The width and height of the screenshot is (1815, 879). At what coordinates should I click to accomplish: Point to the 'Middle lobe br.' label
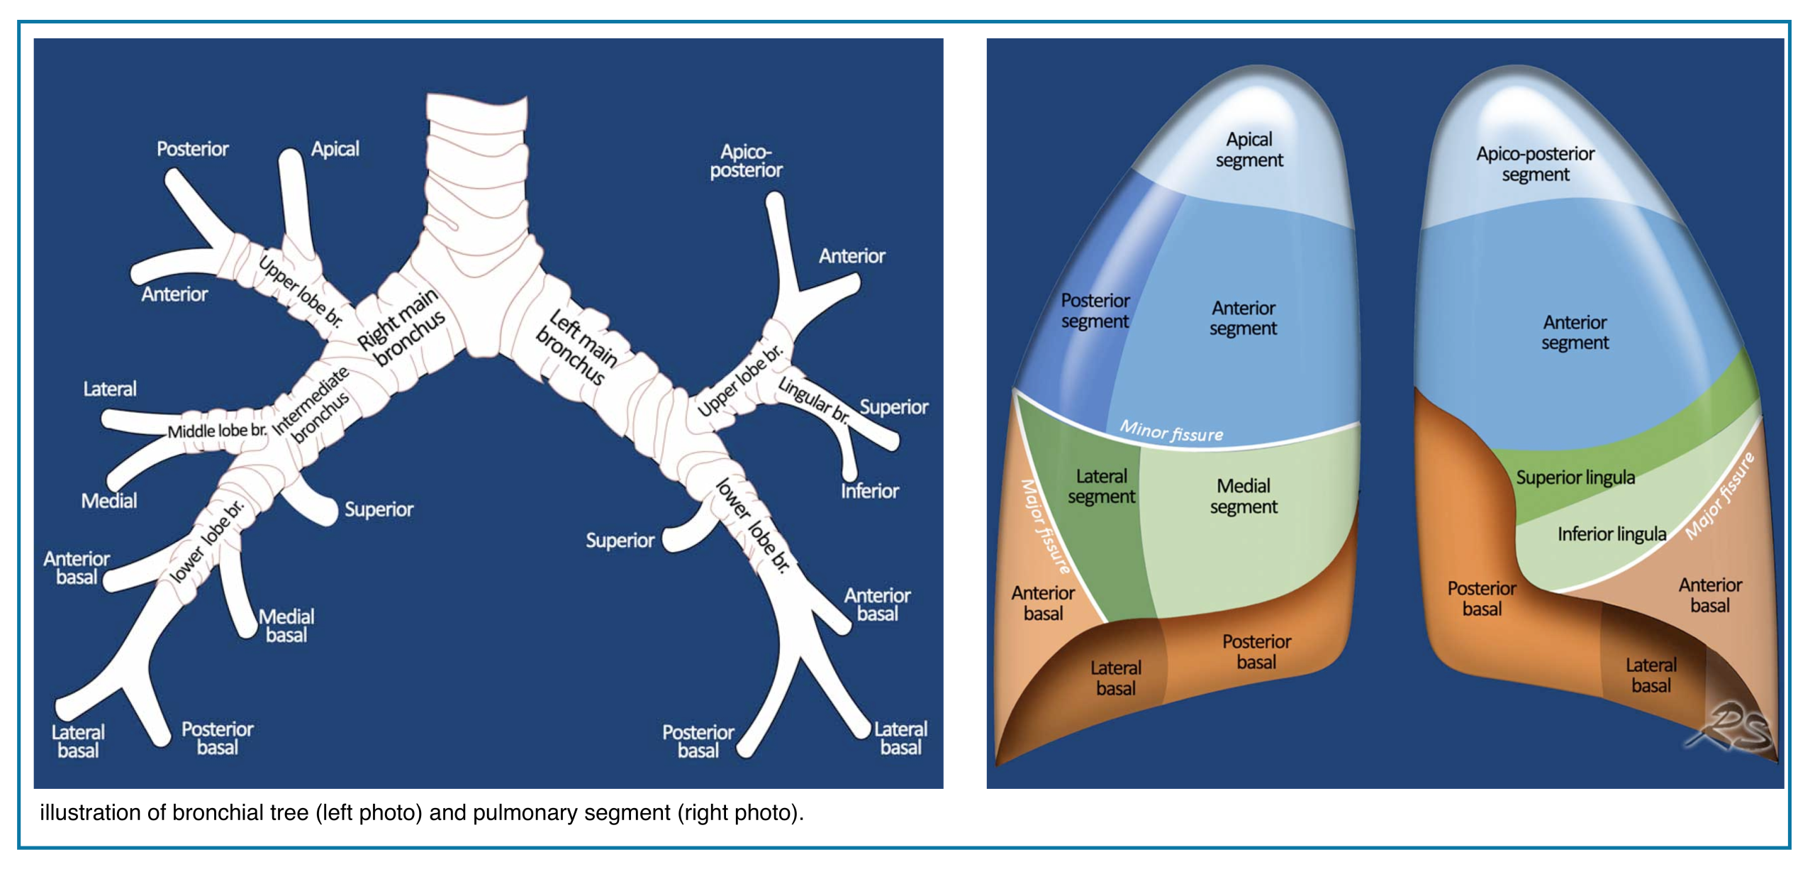click(217, 431)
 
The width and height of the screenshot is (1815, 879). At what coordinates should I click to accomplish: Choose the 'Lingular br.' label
click(813, 399)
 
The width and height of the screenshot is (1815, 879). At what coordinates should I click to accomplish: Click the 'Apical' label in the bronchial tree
click(335, 149)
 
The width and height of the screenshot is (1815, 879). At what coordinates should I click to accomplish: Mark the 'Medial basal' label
click(286, 626)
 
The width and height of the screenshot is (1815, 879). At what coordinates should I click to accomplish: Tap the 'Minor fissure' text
click(1171, 431)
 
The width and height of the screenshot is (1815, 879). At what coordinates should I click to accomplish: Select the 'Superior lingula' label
click(1575, 477)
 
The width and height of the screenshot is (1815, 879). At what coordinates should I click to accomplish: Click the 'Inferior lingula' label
click(1612, 534)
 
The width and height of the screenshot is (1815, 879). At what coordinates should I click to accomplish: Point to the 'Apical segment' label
click(1249, 150)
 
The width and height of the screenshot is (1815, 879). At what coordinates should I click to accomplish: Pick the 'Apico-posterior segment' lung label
click(1535, 164)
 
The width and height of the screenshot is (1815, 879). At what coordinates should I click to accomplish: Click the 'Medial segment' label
click(1244, 496)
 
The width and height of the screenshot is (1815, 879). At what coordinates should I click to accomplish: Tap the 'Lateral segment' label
click(1101, 486)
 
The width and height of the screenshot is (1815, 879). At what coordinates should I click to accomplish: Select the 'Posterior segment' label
click(1095, 311)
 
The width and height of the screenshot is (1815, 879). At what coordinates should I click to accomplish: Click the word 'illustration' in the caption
click(90, 813)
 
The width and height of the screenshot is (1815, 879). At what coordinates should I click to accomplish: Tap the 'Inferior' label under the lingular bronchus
click(869, 491)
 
